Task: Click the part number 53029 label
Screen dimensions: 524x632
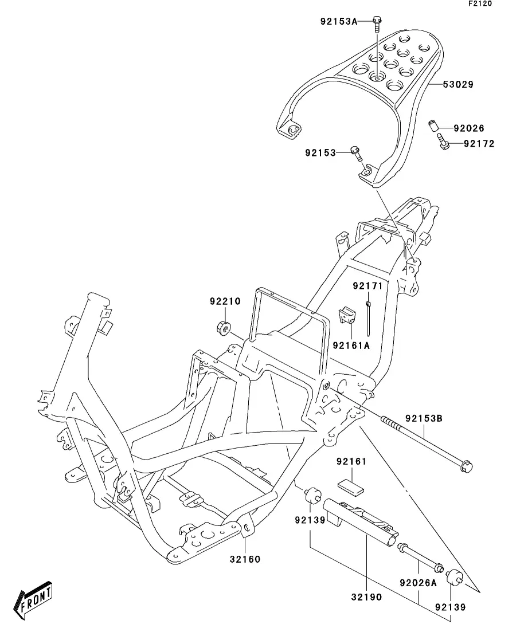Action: (x=458, y=85)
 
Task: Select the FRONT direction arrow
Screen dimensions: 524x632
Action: (x=33, y=599)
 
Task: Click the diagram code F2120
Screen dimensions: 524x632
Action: (x=480, y=3)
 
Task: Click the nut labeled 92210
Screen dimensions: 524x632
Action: (x=223, y=327)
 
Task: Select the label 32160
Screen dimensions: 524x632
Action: (x=245, y=559)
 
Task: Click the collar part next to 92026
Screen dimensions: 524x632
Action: (x=433, y=125)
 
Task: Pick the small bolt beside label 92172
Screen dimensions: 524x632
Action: (x=442, y=142)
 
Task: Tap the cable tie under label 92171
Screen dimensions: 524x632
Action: (x=368, y=317)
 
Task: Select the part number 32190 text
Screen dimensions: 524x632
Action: (x=366, y=597)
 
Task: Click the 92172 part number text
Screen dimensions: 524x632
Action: (x=479, y=144)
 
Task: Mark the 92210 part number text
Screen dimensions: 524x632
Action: (x=225, y=301)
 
